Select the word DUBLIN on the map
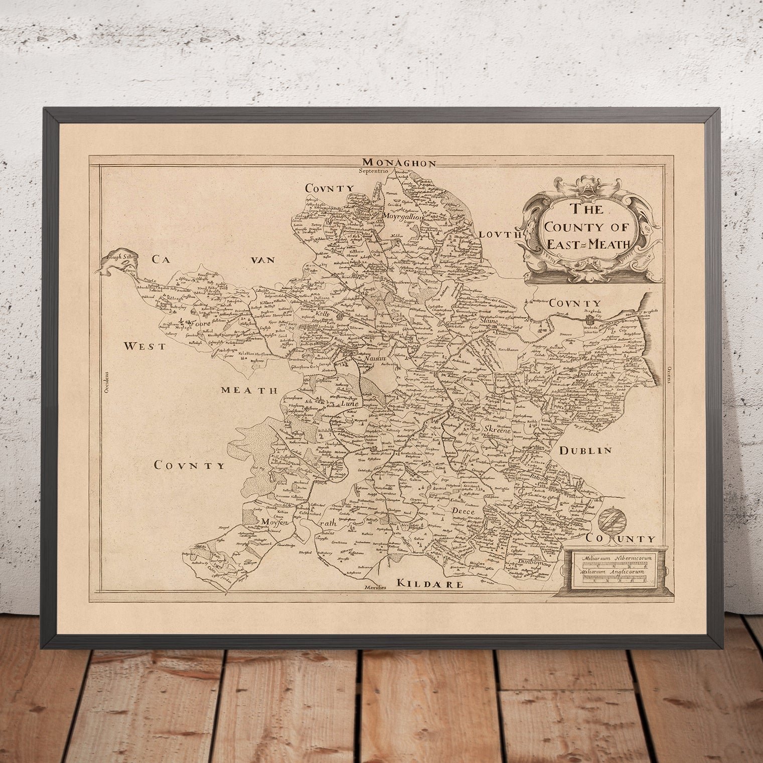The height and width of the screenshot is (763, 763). pyautogui.click(x=585, y=450)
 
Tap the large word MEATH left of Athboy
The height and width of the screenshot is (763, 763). pyautogui.click(x=250, y=390)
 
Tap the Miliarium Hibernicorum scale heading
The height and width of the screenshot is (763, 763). pyautogui.click(x=609, y=558)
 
